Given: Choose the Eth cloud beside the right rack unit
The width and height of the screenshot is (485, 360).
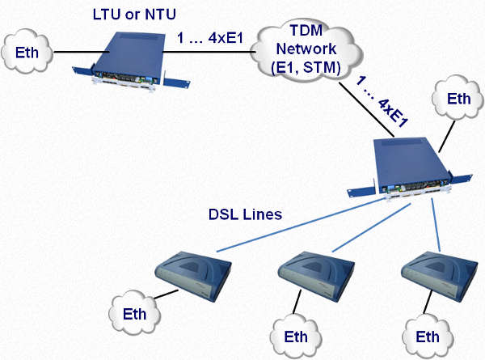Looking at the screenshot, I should point(458,101).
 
